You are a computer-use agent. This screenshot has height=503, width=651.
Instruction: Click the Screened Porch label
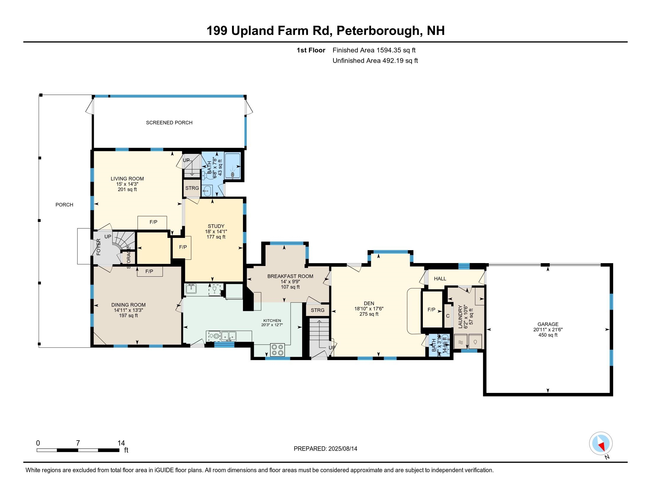click(x=169, y=122)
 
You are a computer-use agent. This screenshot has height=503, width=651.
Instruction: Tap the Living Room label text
click(x=127, y=179)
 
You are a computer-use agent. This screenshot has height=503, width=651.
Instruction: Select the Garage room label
click(x=548, y=324)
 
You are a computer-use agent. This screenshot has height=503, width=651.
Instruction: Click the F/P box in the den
click(x=431, y=309)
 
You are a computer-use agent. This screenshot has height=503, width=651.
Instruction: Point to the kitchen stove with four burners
click(x=278, y=350)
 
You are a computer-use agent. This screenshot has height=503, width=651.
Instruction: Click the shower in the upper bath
click(x=232, y=166)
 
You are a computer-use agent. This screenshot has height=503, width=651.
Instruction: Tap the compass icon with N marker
click(x=601, y=443)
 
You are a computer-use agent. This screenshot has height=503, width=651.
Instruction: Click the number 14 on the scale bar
click(x=121, y=443)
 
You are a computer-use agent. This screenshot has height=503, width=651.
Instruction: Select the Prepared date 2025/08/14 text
click(x=325, y=449)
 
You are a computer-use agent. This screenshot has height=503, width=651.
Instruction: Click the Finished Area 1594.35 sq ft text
click(x=374, y=50)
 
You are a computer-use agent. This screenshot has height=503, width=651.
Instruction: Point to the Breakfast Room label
click(x=290, y=276)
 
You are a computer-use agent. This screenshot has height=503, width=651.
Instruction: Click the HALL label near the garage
click(x=440, y=279)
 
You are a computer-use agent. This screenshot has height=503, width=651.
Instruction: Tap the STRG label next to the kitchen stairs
click(x=318, y=310)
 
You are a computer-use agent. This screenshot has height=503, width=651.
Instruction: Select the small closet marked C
click(x=448, y=316)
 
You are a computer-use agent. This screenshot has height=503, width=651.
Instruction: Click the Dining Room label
click(x=128, y=305)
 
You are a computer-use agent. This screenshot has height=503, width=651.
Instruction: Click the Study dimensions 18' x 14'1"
click(x=216, y=232)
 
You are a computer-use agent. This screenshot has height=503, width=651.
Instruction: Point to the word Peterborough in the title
click(x=378, y=31)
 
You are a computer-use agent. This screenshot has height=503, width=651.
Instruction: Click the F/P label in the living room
click(x=153, y=222)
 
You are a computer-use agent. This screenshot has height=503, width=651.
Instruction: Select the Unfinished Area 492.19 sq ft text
click(x=375, y=61)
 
